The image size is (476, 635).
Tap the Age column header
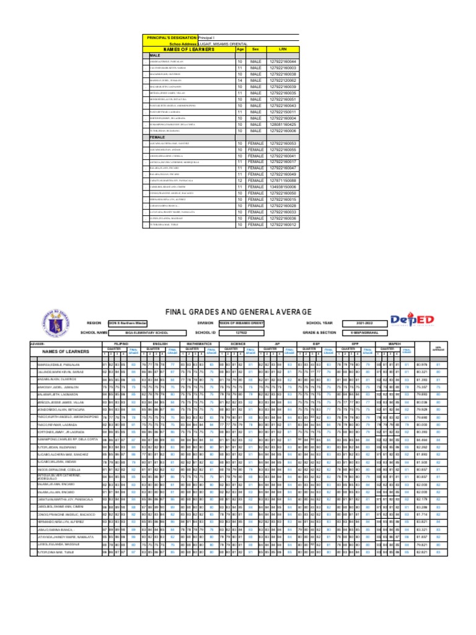coord(240,49)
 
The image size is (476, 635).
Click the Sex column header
coord(255,49)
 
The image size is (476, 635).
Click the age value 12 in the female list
coord(240,180)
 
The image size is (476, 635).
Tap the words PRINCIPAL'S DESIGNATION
coord(171,37)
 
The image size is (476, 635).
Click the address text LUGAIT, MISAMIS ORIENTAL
coord(223,43)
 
